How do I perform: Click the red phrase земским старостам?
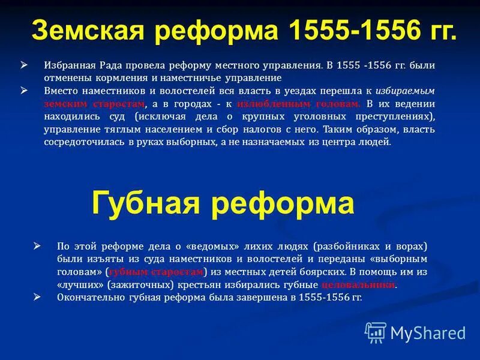(94, 103)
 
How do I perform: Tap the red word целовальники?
(358, 285)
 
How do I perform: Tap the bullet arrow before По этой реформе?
(37, 245)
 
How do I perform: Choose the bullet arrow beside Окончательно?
(37, 297)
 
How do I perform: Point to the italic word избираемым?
(405, 91)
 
